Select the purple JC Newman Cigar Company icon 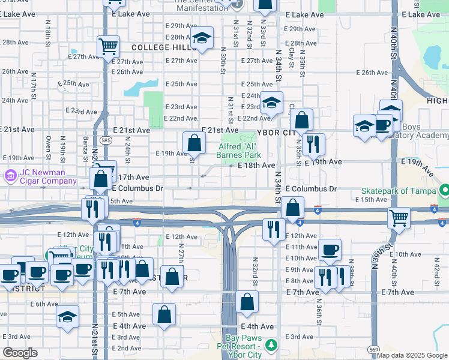[10, 176]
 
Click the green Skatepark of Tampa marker [444, 190]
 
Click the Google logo [20, 353]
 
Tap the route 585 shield [106, 140]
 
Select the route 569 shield [374, 349]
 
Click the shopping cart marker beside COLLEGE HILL [108, 46]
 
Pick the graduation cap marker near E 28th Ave [203, 38]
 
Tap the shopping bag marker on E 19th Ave [194, 143]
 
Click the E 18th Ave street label [256, 165]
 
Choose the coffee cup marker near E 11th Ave [329, 250]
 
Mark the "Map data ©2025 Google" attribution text [411, 355]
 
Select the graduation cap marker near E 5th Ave [67, 316]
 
